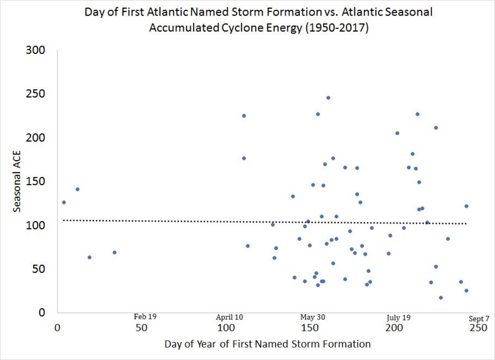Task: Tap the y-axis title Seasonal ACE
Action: [x=17, y=181]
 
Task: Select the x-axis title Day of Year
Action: [x=267, y=344]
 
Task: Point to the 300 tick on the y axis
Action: [x=35, y=50]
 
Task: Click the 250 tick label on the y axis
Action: [x=35, y=94]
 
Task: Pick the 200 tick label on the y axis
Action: [x=35, y=138]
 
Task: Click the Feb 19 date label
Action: [x=145, y=317]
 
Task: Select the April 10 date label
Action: [x=229, y=317]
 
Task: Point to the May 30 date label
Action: [x=312, y=317]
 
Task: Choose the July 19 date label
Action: [x=399, y=318]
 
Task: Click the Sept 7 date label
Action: [x=479, y=319]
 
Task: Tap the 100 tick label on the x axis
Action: [x=226, y=328]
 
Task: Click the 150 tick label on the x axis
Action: [x=310, y=328]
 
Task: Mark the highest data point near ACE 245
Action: [x=328, y=98]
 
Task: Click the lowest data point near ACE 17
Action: [x=441, y=298]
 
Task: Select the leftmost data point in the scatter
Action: [x=64, y=202]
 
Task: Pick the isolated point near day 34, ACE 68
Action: [x=114, y=253]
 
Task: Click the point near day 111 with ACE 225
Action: [x=244, y=116]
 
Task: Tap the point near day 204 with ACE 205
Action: [x=397, y=133]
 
